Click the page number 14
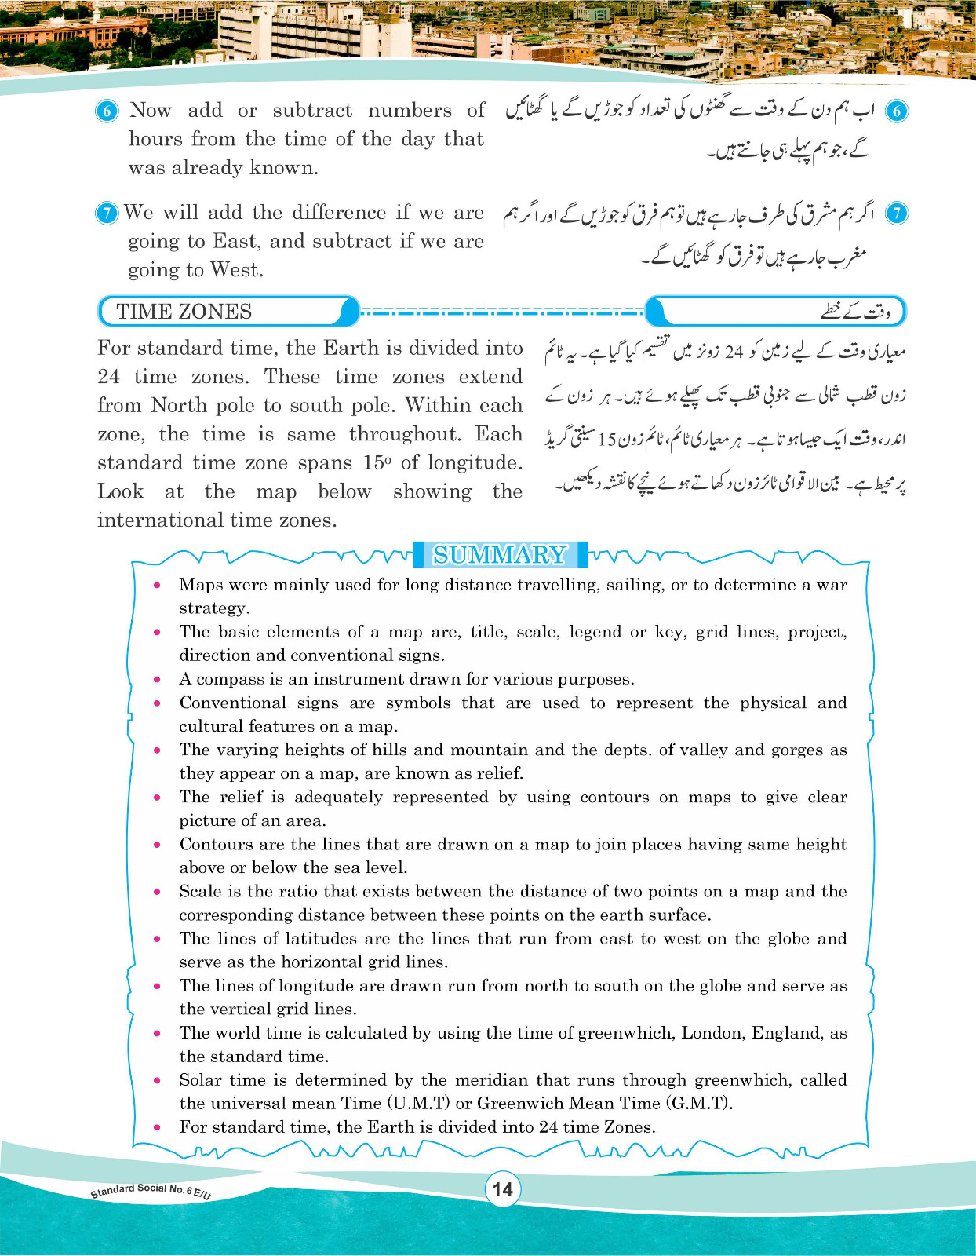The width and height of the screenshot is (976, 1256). [x=502, y=1189]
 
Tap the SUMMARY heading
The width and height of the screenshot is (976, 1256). [x=500, y=555]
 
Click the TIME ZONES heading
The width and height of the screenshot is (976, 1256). [x=184, y=312]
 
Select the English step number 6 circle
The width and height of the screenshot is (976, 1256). [x=107, y=111]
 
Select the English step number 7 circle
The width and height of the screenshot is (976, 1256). [x=107, y=214]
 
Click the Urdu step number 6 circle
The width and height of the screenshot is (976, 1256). [x=896, y=111]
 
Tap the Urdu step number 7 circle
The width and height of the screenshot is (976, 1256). [x=896, y=214]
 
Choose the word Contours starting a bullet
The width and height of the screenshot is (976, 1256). [x=217, y=844]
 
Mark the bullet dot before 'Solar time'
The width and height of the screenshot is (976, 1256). [x=158, y=1080]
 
